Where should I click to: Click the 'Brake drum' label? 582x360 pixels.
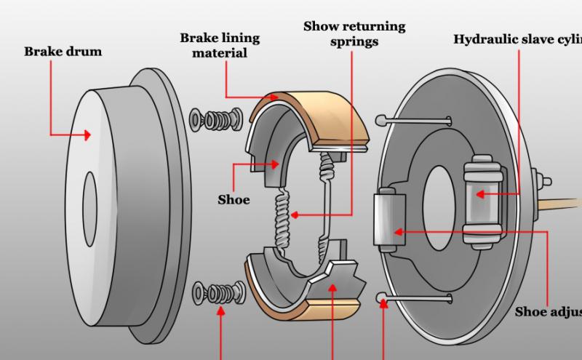63,52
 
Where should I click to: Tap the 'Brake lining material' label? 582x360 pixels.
220,45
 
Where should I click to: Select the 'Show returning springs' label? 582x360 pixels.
354,34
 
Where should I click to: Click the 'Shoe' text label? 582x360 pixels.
234,199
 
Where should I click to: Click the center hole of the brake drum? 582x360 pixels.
89,195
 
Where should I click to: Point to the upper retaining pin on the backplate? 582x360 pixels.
415,119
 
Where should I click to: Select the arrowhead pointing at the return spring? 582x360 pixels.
292,215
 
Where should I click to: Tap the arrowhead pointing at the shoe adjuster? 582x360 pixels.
397,232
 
